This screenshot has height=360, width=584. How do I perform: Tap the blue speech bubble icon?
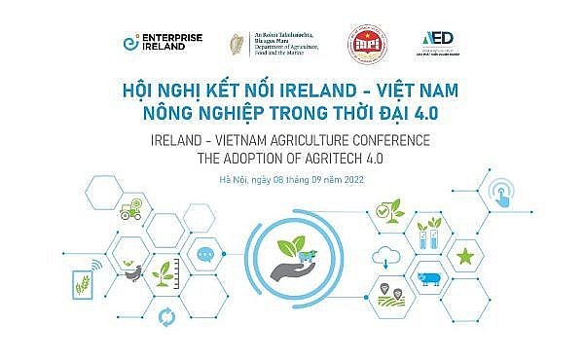[203, 256]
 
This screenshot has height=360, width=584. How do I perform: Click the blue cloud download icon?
[386, 257]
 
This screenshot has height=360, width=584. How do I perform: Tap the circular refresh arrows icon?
[166, 315]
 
